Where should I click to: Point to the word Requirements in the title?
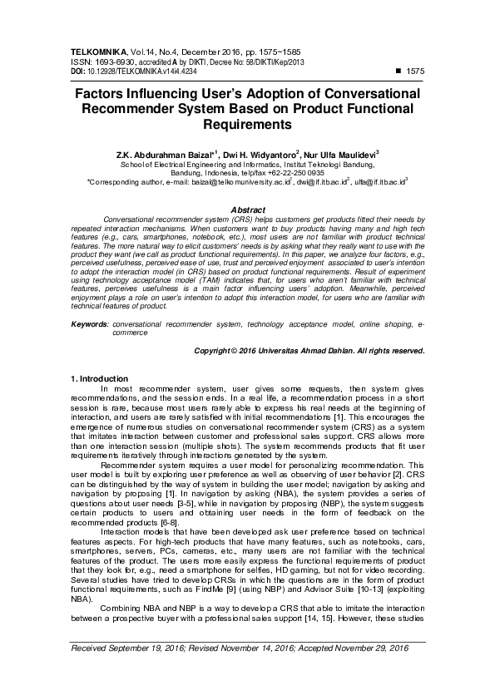(x=247, y=126)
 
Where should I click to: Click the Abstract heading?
(x=247, y=210)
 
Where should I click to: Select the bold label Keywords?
(x=89, y=322)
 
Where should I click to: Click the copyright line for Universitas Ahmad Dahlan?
(x=309, y=352)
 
